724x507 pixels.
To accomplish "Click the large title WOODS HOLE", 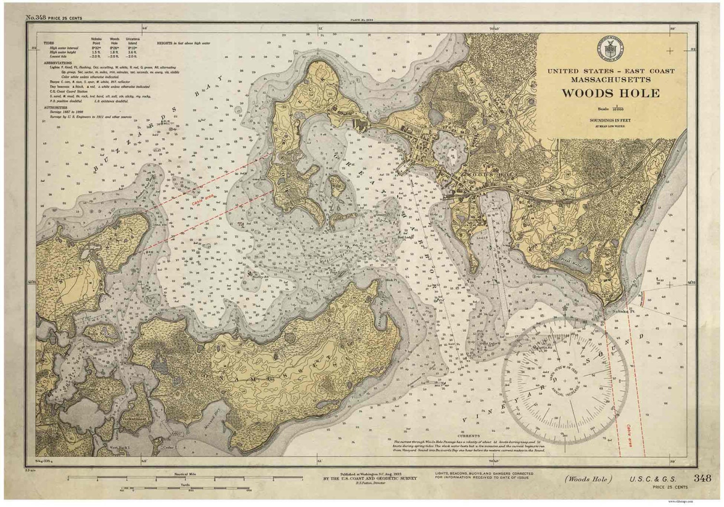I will (x=611, y=93).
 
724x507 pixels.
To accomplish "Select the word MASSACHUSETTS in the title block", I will (x=611, y=79).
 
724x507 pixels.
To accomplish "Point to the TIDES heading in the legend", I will (x=49, y=43).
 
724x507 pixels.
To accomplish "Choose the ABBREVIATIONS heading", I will (x=58, y=63).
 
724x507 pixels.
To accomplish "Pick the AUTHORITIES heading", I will (x=55, y=108).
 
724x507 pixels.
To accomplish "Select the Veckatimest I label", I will (x=134, y=419).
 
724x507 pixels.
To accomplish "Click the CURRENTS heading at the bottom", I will (x=470, y=436).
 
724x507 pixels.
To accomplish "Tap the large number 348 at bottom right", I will (x=702, y=478).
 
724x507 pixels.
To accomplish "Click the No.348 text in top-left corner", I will (x=36, y=18).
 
